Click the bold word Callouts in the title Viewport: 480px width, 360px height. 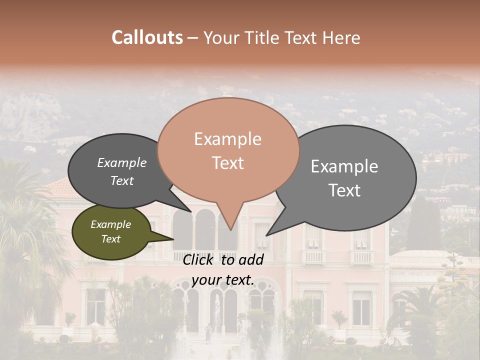tap(147, 37)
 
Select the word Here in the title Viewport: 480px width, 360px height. tap(341, 37)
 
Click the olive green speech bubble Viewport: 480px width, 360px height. tap(111, 232)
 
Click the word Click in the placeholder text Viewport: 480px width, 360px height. tap(198, 259)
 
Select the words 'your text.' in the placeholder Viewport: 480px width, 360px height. tap(222, 280)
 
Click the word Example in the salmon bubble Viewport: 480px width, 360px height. tap(228, 139)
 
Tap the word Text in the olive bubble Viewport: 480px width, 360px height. tap(111, 239)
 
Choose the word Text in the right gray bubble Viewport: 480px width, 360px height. tap(345, 190)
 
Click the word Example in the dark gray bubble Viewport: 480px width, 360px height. tap(122, 163)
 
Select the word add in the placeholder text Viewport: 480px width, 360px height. tap(251, 259)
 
